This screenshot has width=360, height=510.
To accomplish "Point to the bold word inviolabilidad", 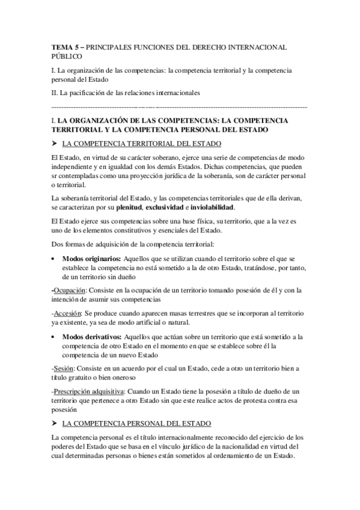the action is pos(282,207).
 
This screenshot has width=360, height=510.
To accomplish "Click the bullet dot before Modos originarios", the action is pos(55,259).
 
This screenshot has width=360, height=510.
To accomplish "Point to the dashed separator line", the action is pos(180,106).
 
